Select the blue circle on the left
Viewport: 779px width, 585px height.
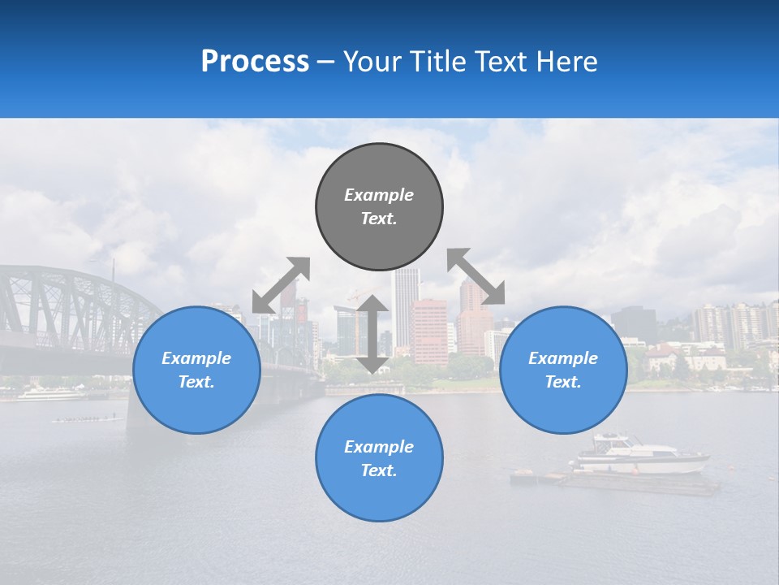click(x=196, y=370)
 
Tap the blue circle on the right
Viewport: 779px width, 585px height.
click(x=563, y=370)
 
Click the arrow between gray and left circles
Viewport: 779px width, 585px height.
click(x=281, y=284)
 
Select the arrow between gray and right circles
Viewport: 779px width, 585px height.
click(x=476, y=276)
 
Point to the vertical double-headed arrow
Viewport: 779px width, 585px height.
click(x=372, y=334)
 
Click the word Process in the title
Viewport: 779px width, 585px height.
click(x=255, y=62)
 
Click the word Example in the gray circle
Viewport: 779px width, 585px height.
click(x=379, y=195)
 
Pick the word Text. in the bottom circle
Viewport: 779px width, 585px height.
click(x=379, y=470)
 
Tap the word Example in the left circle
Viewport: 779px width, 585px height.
click(x=196, y=358)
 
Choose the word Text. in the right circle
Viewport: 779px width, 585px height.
click(x=563, y=382)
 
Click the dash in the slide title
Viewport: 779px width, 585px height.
click(x=326, y=62)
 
